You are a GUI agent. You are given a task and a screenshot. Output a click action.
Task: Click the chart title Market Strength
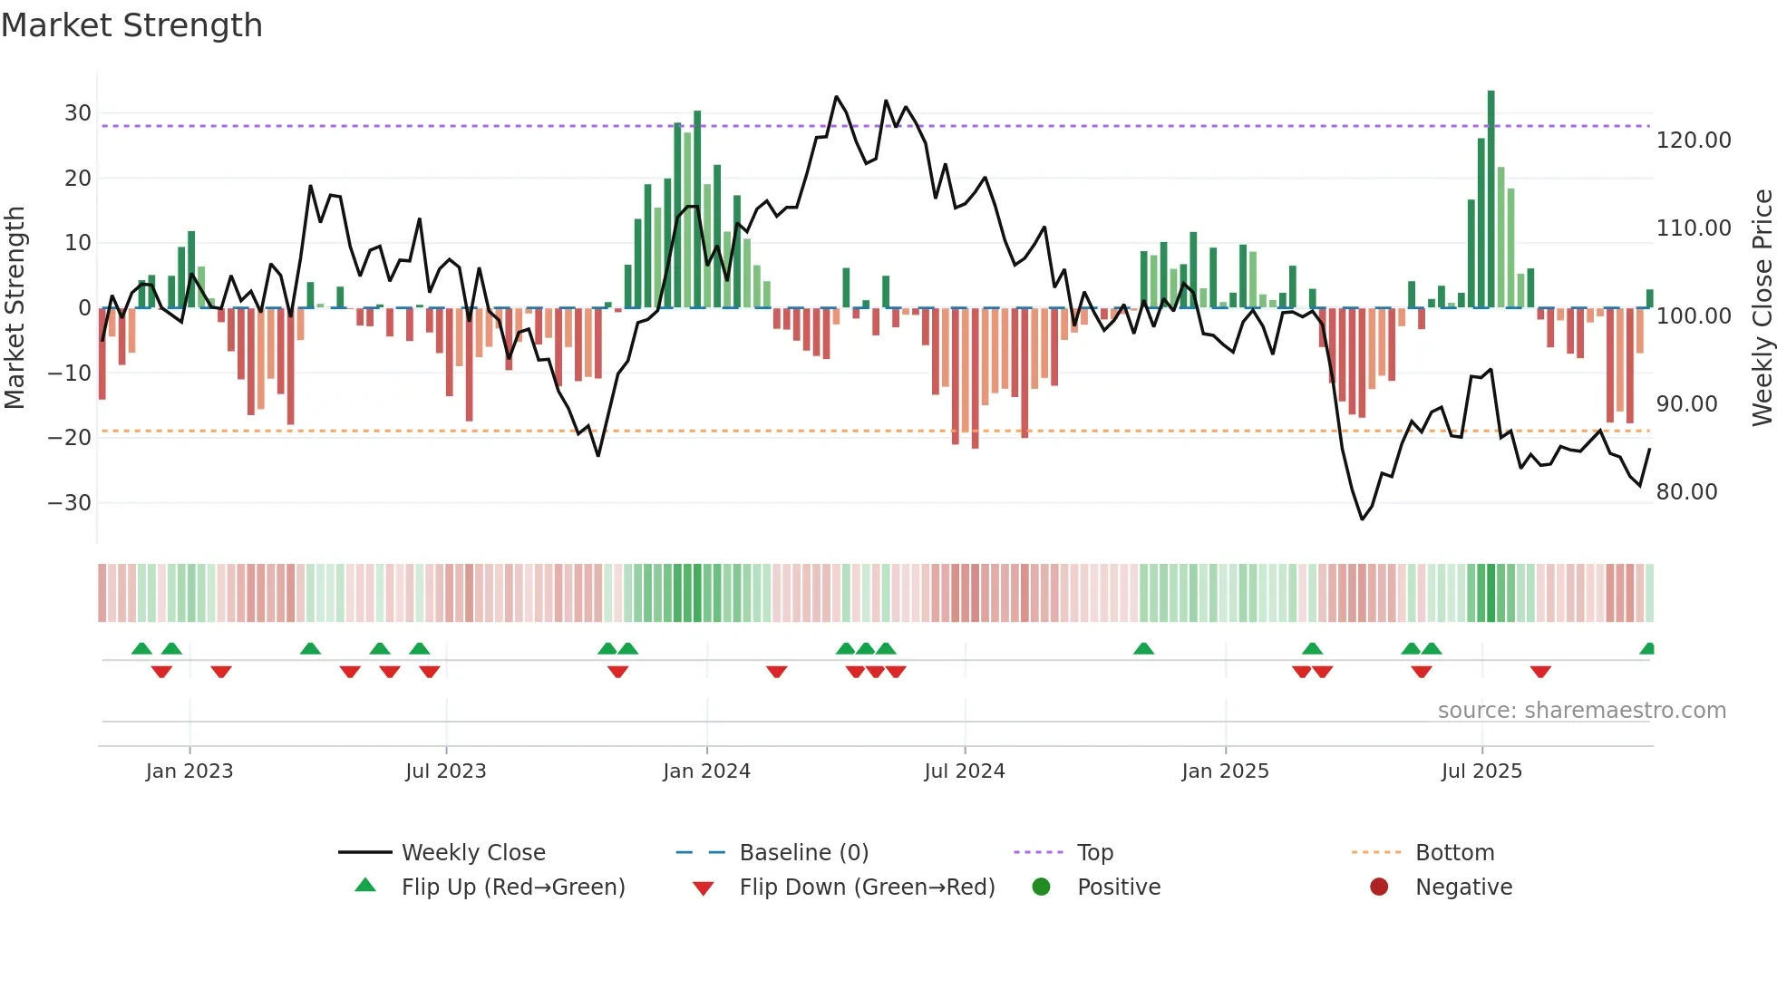click(x=131, y=25)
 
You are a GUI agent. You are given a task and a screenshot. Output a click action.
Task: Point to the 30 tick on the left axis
click(x=78, y=113)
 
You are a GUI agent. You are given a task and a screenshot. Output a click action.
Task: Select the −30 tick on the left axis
click(x=71, y=503)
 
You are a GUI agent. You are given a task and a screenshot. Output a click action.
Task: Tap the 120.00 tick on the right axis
click(x=1694, y=141)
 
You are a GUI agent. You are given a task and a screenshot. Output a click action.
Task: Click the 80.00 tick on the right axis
click(x=1686, y=492)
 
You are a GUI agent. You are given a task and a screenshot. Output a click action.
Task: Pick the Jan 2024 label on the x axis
click(x=706, y=771)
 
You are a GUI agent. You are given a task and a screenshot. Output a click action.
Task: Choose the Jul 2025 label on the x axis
click(x=1481, y=771)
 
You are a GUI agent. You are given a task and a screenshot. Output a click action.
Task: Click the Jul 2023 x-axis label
click(x=445, y=771)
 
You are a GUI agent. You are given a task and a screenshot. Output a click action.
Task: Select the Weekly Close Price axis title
click(x=1762, y=308)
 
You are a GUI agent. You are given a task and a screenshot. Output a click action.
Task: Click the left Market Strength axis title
click(x=15, y=308)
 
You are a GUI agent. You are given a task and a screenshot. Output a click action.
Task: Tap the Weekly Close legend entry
click(x=472, y=853)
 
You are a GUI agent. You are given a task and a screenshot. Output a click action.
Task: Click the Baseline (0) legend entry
click(x=803, y=853)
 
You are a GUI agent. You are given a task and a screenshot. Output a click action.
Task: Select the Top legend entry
click(x=1094, y=853)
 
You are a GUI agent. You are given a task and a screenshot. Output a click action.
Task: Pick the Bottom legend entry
click(x=1454, y=853)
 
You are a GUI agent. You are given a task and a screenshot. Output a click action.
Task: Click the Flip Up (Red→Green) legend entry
click(x=512, y=887)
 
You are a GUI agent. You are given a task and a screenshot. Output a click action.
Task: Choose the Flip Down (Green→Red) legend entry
click(x=866, y=887)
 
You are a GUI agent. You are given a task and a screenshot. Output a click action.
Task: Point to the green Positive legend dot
click(x=1041, y=887)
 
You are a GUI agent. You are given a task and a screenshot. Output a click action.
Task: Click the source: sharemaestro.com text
click(x=1581, y=711)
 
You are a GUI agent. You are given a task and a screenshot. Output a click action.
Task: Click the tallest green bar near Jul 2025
click(x=1491, y=199)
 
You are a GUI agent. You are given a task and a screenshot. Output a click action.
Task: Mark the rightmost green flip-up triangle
click(x=1647, y=649)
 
